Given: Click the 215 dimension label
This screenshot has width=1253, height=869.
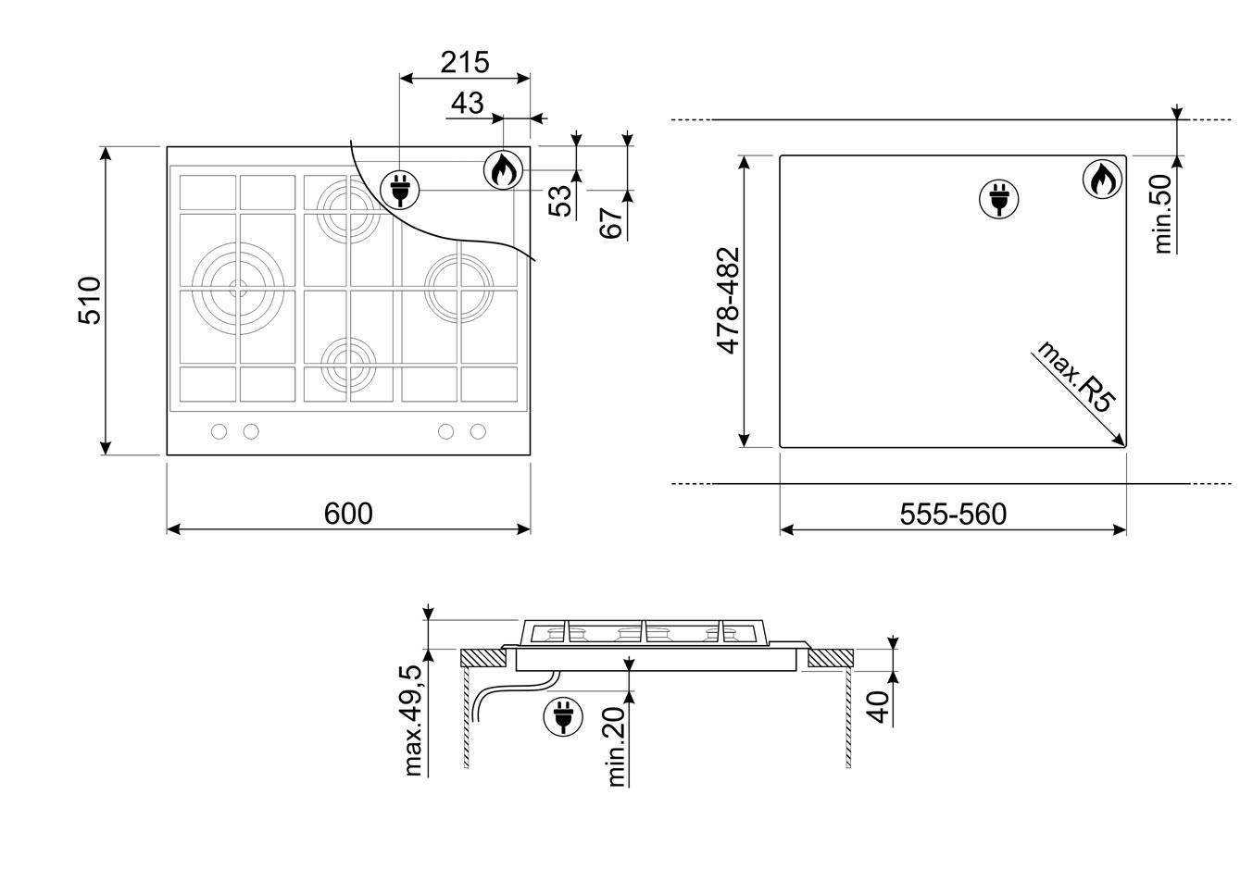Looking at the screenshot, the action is [464, 62].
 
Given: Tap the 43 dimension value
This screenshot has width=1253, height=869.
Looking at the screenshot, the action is [467, 104].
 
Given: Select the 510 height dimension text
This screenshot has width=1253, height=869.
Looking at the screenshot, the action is [90, 300].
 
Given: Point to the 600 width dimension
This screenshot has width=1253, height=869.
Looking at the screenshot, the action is [348, 514].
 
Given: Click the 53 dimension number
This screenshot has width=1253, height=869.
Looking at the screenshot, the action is [560, 200].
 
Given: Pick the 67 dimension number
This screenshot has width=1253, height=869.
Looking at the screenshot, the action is [611, 222].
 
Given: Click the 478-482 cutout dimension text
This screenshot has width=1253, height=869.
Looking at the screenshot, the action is [728, 301].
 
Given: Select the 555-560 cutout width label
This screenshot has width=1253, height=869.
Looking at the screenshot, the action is [953, 515].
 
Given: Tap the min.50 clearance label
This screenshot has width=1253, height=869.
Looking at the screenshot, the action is [1162, 214].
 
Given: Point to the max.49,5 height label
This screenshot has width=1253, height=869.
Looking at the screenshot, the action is [414, 721].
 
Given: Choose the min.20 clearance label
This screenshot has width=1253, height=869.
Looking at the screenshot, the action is [615, 747].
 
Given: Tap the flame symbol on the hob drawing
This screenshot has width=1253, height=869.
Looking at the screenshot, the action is [504, 170].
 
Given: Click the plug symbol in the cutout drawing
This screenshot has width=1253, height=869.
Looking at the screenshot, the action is [999, 199].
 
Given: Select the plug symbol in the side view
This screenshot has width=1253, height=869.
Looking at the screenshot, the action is [563, 716].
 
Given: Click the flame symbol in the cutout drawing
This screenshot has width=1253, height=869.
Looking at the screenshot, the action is [1102, 180].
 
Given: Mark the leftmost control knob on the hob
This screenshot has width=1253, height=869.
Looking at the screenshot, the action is [219, 431].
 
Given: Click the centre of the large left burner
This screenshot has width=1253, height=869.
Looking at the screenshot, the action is [238, 289].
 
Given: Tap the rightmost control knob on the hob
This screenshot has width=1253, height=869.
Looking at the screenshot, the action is [478, 431].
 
